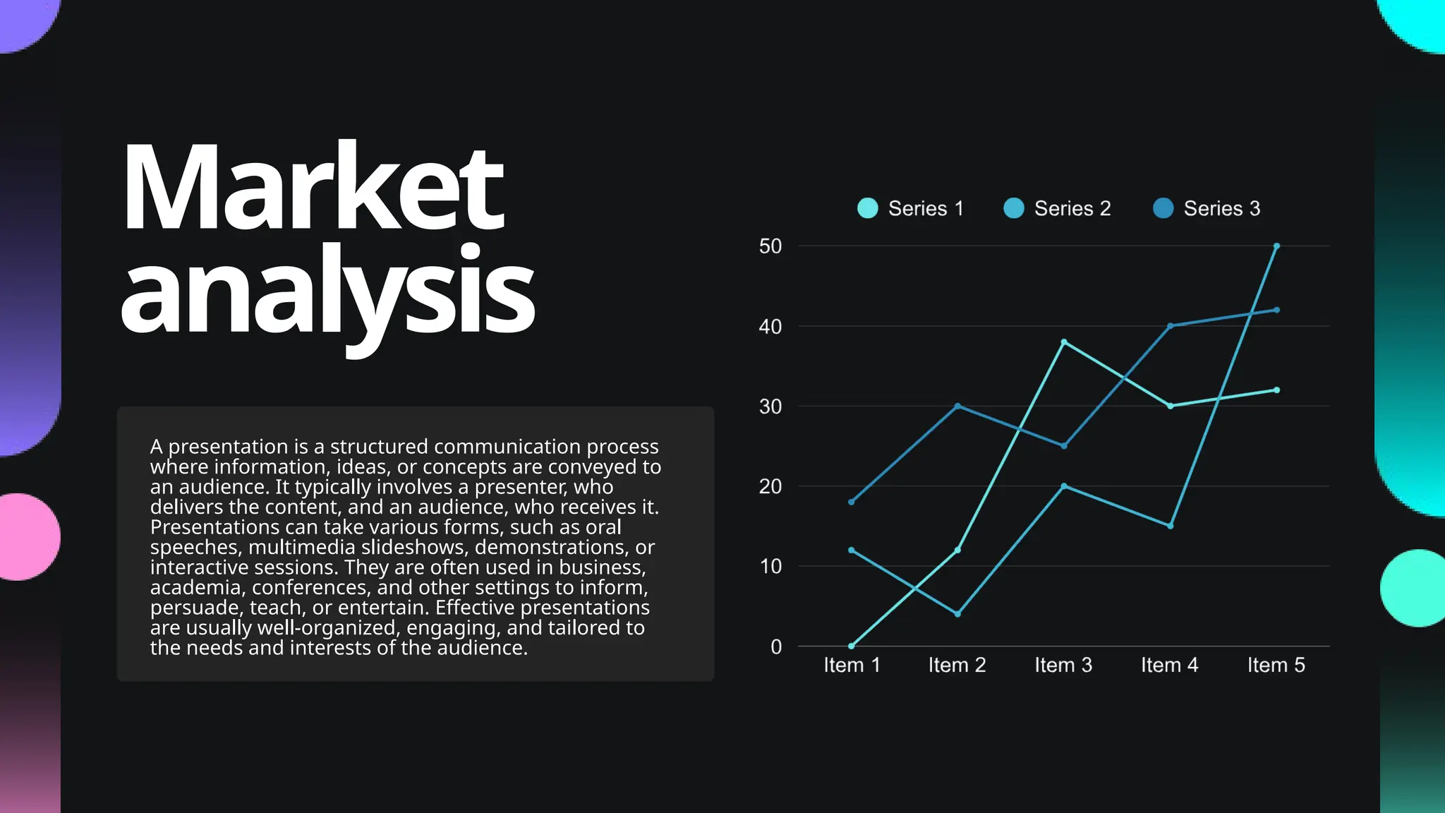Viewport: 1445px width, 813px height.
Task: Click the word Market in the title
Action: [x=313, y=188]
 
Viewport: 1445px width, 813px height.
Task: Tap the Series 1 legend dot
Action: [x=867, y=208]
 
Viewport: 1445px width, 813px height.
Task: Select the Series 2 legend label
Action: [x=1072, y=208]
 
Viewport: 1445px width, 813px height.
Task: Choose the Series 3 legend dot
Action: [x=1163, y=208]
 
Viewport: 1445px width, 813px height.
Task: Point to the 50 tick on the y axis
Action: [x=770, y=246]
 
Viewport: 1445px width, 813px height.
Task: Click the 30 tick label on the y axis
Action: [x=770, y=406]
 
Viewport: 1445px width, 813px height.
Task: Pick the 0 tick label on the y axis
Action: [x=775, y=646]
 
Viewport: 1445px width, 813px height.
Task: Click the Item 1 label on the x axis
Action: [x=852, y=665]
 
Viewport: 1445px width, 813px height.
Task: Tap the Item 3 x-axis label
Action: [x=1063, y=665]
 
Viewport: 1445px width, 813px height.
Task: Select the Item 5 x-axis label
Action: [x=1276, y=665]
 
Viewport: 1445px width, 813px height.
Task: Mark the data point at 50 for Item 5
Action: [x=1276, y=246]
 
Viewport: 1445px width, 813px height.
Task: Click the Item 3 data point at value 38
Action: [x=1064, y=342]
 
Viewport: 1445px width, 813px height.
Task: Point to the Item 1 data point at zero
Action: [x=852, y=646]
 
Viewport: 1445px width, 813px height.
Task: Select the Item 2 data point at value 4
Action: [x=957, y=614]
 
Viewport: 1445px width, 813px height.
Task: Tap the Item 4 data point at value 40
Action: [x=1170, y=326]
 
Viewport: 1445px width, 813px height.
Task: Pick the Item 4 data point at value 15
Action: [x=1170, y=526]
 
